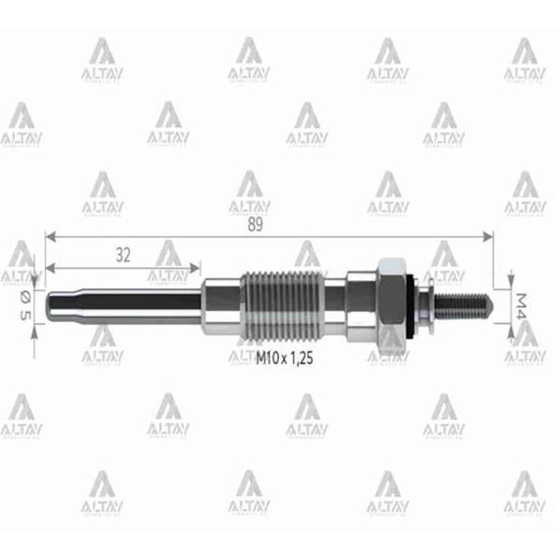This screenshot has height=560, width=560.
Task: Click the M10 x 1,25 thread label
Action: click(x=285, y=356)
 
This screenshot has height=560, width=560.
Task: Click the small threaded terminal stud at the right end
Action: click(x=463, y=304)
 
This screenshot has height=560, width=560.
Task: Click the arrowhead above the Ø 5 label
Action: click(x=35, y=276)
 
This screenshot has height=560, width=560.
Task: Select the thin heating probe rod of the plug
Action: click(x=140, y=302)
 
